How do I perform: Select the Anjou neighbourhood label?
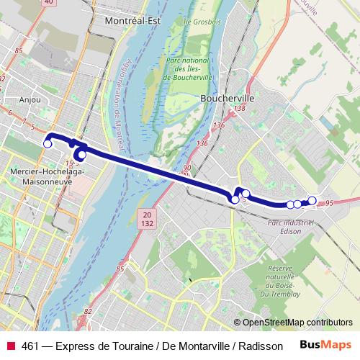click(30, 100)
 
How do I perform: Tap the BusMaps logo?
click(326, 346)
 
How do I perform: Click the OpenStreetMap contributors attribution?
click(297, 323)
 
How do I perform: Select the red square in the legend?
click(10, 346)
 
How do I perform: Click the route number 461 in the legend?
click(31, 346)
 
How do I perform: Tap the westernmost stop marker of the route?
click(48, 144)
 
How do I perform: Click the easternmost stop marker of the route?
click(312, 200)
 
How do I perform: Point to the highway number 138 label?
click(240, 108)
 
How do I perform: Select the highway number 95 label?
click(328, 204)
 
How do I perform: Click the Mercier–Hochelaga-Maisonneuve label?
click(48, 176)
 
